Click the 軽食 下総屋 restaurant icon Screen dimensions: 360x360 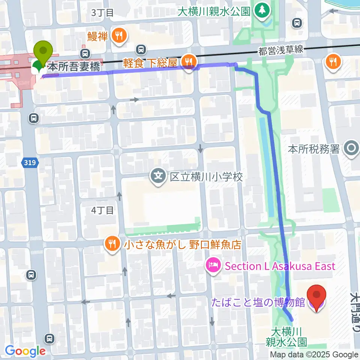(x=188, y=60)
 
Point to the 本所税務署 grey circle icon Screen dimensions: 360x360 (x=351, y=149)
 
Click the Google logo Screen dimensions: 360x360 (x=25, y=351)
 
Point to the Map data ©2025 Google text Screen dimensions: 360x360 (x=314, y=355)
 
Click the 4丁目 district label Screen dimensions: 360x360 (x=102, y=210)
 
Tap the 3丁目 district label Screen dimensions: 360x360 (x=102, y=12)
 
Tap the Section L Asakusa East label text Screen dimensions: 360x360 (x=280, y=266)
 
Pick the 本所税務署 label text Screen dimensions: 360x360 (x=313, y=149)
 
